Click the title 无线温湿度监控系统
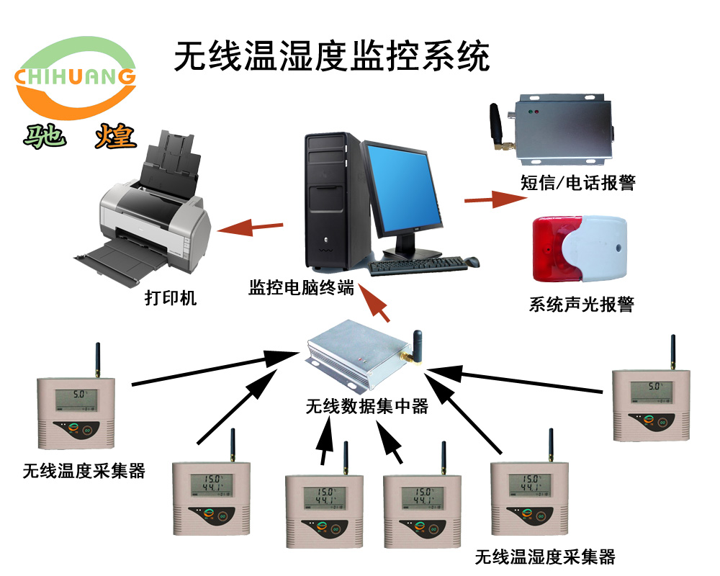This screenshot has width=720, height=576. (332, 55)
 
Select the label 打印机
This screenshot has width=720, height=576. (170, 297)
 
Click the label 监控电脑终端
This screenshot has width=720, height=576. (301, 288)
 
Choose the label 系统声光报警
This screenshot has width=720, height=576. (581, 305)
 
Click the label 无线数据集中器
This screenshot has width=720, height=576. (366, 407)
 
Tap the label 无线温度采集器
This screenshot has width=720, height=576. (84, 472)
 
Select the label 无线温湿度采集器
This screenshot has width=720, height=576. (545, 557)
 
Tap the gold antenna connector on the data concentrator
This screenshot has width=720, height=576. (408, 356)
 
